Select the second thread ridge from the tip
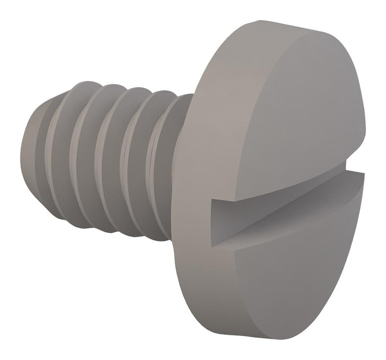[x=82, y=154]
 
